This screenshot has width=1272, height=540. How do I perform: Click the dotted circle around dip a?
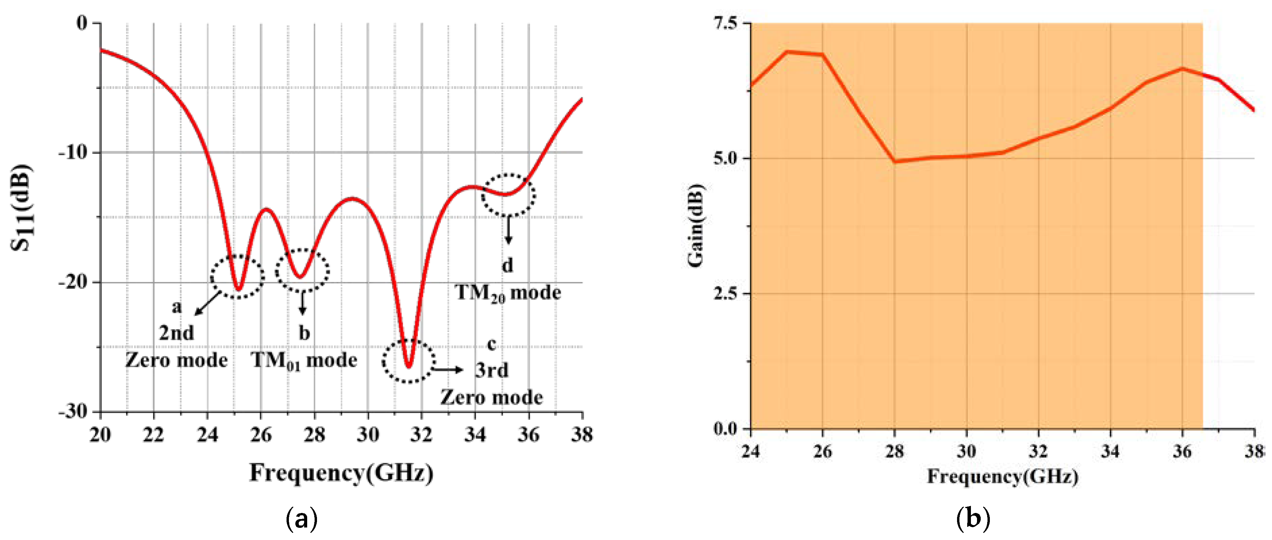pos(237,276)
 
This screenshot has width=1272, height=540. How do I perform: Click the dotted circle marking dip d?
pos(508,195)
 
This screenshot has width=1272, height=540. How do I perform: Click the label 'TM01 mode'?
pos(304,360)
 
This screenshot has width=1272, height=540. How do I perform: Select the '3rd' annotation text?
pos(491,370)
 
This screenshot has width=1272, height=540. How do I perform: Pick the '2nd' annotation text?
pos(176,333)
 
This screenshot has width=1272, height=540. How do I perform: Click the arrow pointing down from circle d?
pos(508,231)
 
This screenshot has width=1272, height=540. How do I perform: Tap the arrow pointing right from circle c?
pos(448,369)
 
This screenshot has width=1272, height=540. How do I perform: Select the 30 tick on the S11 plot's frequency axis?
pos(368,435)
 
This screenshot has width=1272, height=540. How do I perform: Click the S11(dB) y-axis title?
pos(22,207)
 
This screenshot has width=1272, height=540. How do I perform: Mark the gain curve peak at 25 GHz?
pos(787,51)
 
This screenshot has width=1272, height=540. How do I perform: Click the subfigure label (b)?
pos(973,519)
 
